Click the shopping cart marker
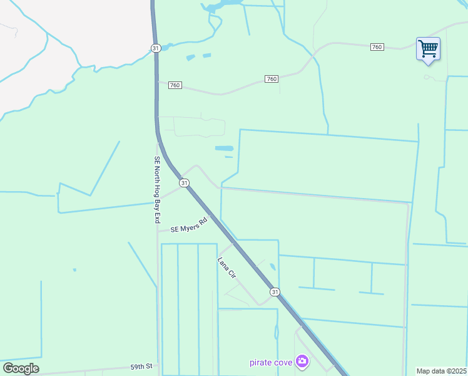pos(428,49)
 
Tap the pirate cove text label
pos(272,362)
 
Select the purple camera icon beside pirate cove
pos(302,361)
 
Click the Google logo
pos(21,368)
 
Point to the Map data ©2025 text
pos(442,371)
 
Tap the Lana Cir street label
pos(226,268)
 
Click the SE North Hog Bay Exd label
pos(158,190)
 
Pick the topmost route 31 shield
pos(156,48)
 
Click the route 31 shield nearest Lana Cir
pos(275,292)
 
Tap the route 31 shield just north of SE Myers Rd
pos(184,183)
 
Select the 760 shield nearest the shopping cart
pos(377,47)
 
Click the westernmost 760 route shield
pos(175,85)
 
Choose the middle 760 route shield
pos(271,79)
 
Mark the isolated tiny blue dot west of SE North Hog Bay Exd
pos(74,270)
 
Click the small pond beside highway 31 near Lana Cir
pos(273,268)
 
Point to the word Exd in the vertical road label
pos(158,217)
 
